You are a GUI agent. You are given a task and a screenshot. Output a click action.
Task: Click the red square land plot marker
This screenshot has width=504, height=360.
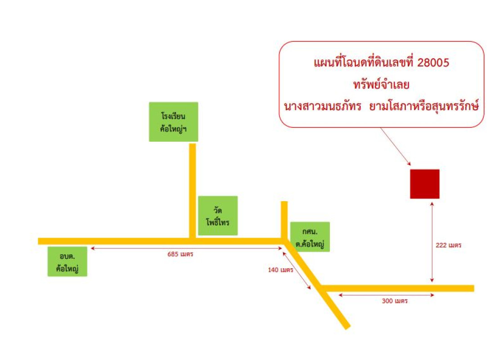coord(425,184)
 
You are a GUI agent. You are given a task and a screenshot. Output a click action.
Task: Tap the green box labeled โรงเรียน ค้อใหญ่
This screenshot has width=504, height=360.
coord(174,122)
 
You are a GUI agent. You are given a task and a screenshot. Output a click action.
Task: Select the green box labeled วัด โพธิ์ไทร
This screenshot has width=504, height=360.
coord(218,216)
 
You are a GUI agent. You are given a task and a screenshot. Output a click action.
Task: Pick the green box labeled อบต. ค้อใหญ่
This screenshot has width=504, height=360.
coord(67,261)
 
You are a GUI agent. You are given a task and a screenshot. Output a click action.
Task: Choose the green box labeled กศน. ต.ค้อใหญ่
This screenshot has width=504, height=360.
coord(310,237)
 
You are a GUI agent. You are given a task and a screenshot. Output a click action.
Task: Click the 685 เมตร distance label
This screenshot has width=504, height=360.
coord(180,254)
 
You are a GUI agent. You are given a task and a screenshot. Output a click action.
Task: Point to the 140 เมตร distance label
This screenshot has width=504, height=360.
coord(281,270)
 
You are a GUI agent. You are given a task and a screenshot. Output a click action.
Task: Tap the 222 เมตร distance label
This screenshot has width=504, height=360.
coord(449,245)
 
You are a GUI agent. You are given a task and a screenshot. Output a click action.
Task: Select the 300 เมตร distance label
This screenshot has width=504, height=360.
coord(395,301)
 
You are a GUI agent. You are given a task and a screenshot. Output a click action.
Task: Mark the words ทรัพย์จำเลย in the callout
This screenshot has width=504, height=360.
coord(381,85)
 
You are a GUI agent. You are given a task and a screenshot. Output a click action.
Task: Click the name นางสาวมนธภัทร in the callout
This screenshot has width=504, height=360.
coord(323,106)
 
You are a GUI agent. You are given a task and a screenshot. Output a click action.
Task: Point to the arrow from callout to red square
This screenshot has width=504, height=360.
coord(396,147)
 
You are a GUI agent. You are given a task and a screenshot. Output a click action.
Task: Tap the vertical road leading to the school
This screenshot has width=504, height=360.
coord(192,191)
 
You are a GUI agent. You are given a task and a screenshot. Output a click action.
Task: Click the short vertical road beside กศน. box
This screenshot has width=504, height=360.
coord(284,220)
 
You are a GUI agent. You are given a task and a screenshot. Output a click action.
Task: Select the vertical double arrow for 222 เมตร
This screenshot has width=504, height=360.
coord(432,242)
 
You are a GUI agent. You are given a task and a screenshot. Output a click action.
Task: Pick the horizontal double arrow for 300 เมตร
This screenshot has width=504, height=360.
coord(387,295)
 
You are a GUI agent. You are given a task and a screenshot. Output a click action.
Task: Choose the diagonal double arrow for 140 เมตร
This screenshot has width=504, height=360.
coord(297,270)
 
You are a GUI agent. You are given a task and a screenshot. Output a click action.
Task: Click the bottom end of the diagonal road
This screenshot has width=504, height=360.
coord(347,327)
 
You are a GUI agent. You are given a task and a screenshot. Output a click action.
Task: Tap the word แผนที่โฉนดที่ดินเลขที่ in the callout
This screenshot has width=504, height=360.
coord(363,63)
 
